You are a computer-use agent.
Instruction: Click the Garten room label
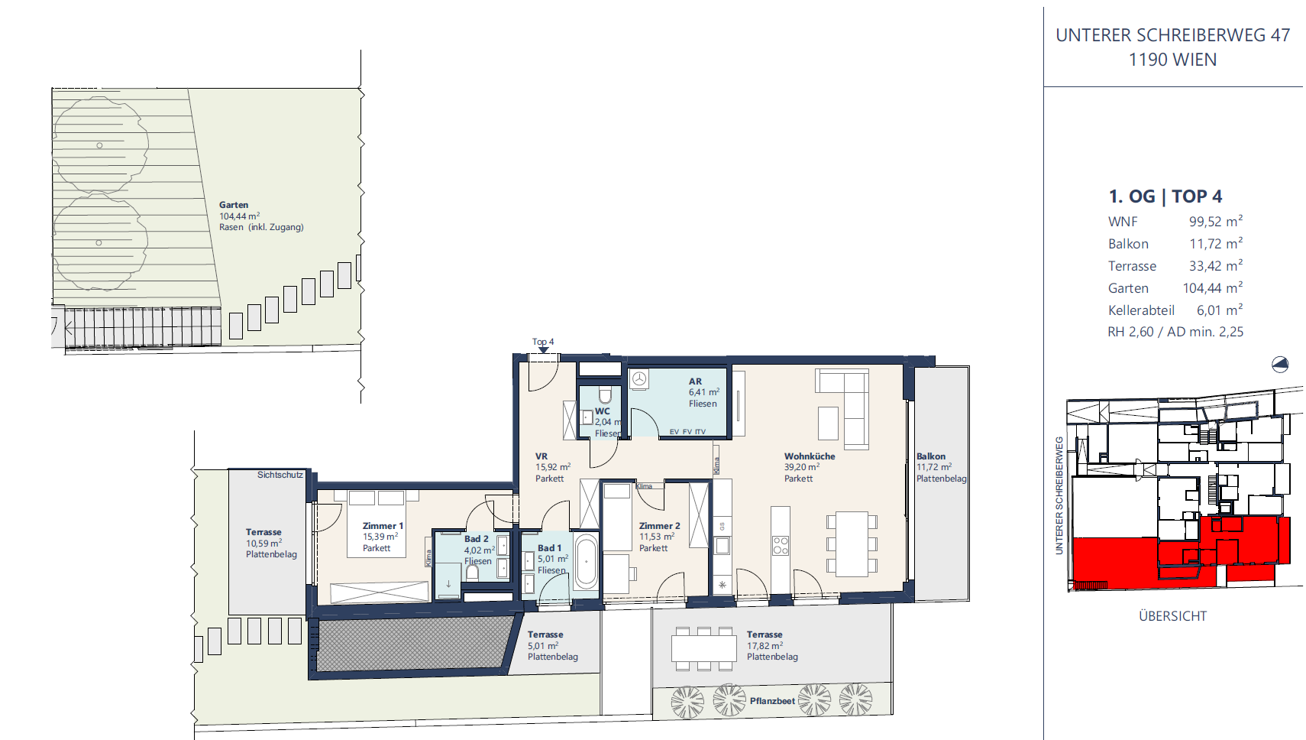234,205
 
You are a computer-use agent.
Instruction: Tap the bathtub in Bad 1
586,561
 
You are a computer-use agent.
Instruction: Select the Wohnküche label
810,456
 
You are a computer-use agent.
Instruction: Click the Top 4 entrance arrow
543,349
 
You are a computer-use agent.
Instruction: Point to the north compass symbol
1280,365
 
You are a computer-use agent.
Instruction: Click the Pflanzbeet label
772,701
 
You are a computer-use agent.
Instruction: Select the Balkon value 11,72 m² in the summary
1216,243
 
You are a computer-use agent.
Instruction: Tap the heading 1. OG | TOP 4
1165,196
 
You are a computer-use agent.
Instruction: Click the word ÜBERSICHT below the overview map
1172,615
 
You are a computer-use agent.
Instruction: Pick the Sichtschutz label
280,475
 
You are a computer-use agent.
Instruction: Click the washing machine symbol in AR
639,378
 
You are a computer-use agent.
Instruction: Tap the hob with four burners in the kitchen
781,546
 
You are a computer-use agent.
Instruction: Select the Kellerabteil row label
1141,310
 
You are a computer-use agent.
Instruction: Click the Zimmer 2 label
659,526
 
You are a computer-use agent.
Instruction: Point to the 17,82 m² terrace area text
765,645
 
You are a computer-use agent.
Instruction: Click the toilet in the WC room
605,394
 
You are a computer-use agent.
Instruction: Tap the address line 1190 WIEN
1172,60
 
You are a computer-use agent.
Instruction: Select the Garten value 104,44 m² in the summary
1212,287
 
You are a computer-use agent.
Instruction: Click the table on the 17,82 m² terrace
703,648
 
